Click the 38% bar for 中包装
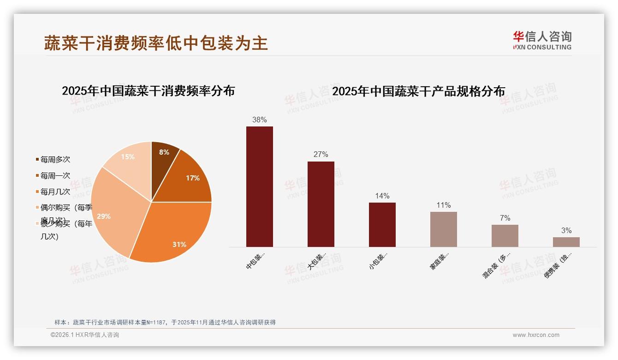tap(259, 186)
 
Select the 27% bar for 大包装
tap(321, 204)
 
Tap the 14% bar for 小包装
tap(382, 224)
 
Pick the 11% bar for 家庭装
tap(443, 229)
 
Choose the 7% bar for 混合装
tap(505, 235)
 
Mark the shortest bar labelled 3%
tap(566, 242)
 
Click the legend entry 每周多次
tap(55, 160)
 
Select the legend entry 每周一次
tap(55, 176)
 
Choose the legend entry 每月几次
tap(55, 192)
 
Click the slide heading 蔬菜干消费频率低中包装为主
tap(156, 43)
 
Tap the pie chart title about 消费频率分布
tap(148, 91)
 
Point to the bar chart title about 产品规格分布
tap(418, 91)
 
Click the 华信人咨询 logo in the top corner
tap(542, 40)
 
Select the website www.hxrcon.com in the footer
tap(536, 335)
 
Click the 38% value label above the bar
tap(259, 120)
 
